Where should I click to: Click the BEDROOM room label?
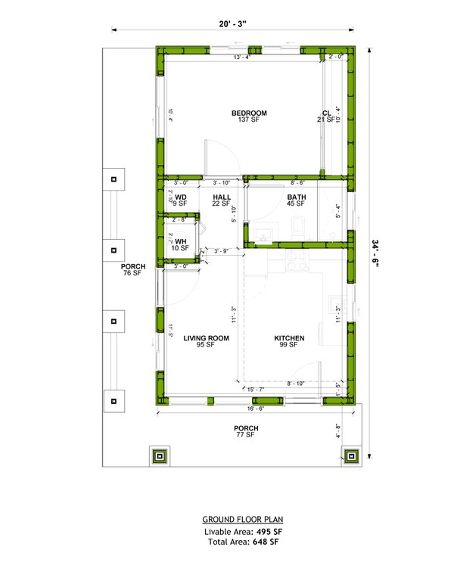click(249, 113)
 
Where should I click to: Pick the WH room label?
click(180, 241)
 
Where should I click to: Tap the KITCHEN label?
click(289, 338)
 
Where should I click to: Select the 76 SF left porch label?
click(132, 272)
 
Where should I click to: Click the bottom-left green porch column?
click(159, 456)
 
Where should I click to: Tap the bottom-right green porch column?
click(353, 456)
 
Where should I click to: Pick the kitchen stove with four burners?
click(298, 261)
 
